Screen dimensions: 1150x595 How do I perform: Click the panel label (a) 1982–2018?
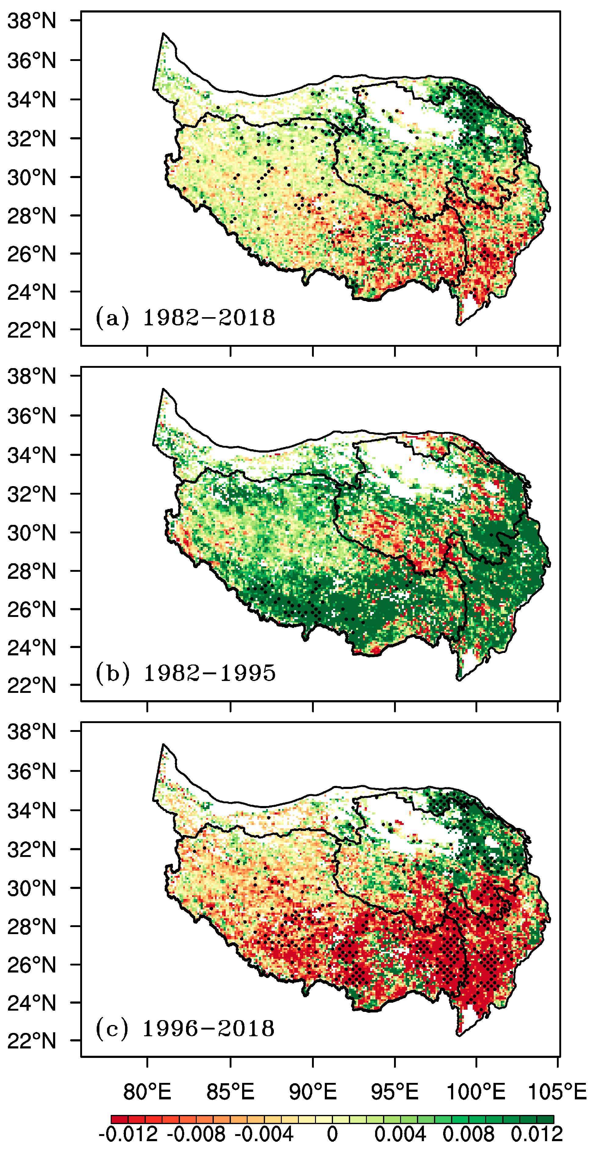tap(185, 318)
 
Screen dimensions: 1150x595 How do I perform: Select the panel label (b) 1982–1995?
tap(185, 673)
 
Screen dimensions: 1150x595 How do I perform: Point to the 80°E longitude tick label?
tap(147, 1092)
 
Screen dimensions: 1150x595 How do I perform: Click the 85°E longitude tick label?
tap(230, 1092)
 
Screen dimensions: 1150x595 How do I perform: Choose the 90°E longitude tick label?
tap(313, 1092)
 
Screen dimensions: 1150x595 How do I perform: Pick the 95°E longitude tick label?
tap(395, 1092)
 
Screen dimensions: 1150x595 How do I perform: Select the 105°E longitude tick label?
tap(557, 1092)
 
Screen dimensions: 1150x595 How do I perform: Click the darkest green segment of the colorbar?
tap(546, 1119)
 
